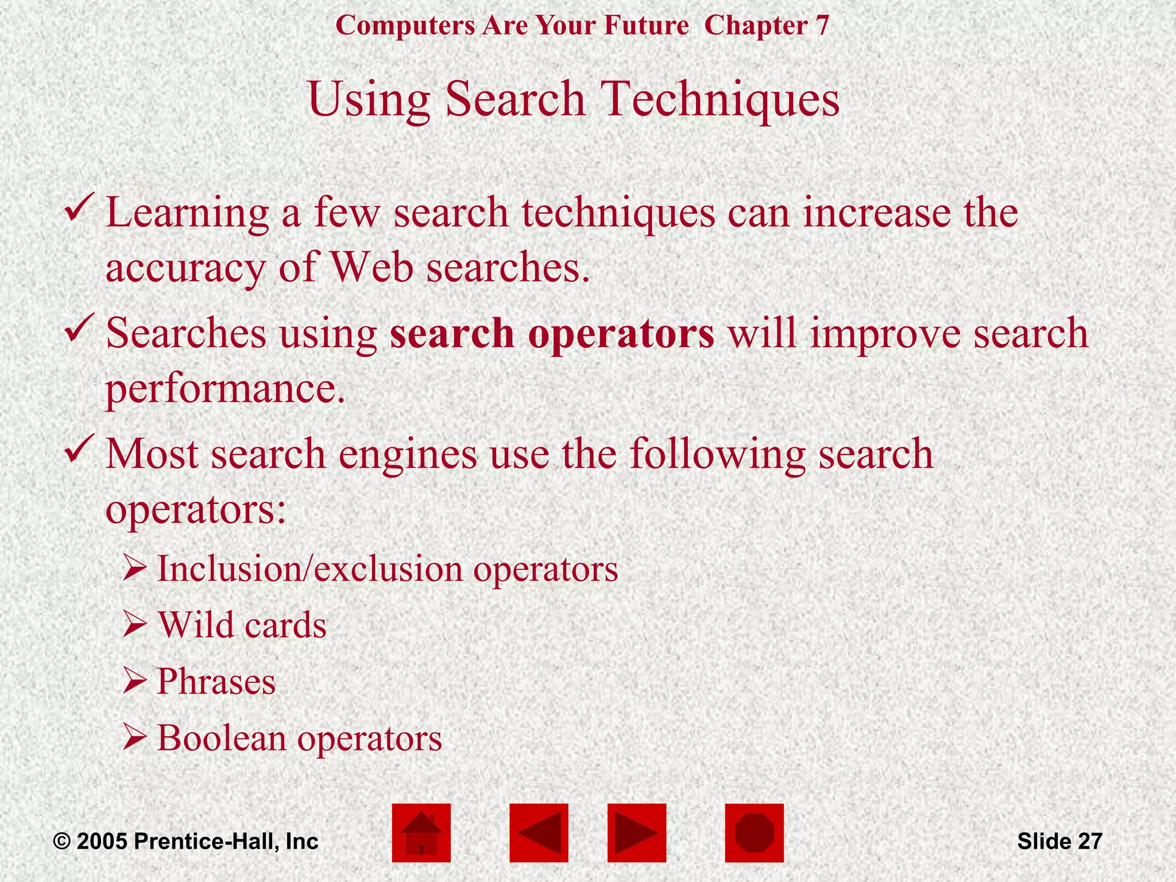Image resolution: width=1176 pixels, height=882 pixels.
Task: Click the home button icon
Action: pos(421,833)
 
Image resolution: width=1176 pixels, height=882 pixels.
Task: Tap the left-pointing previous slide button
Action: pos(539,833)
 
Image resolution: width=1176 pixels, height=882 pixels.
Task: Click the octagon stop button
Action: pos(754,833)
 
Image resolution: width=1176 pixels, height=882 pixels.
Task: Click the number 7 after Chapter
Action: pos(822,26)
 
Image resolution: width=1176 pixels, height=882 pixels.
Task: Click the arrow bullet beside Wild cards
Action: pos(136,625)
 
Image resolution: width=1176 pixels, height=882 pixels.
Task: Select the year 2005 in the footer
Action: pos(102,842)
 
